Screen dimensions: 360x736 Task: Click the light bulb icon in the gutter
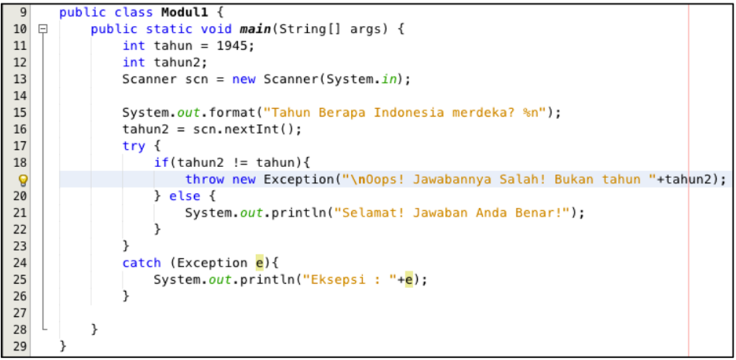coord(23,180)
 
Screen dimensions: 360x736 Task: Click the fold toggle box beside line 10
coord(42,29)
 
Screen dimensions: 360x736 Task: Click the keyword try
coord(133,146)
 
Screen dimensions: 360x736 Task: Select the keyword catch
coord(141,263)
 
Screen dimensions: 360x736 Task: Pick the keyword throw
coord(205,179)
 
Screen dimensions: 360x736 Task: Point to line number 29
coord(20,346)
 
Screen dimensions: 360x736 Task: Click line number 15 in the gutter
coord(20,112)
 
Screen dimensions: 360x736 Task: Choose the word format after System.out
coord(236,112)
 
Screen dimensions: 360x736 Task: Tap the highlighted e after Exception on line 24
coord(260,263)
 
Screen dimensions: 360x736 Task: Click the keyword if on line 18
coord(161,163)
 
